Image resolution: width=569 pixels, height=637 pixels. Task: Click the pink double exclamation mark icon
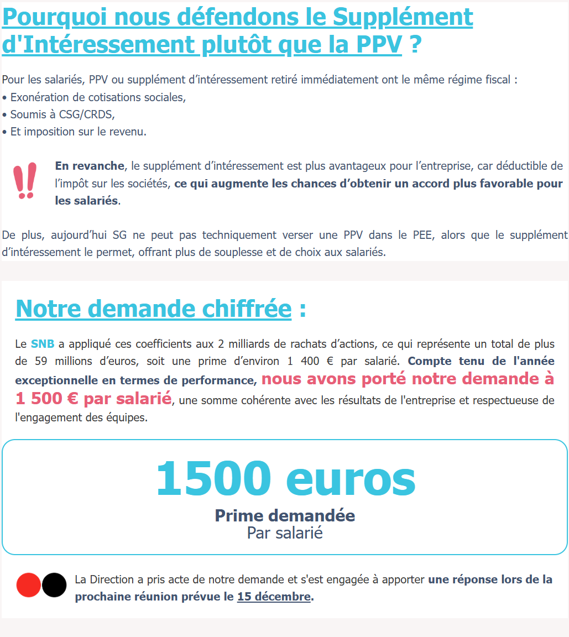click(x=25, y=180)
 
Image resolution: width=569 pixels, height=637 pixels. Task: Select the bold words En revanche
click(x=90, y=166)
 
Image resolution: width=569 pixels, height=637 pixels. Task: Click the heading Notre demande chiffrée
click(x=153, y=309)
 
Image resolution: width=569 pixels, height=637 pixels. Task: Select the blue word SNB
click(x=43, y=344)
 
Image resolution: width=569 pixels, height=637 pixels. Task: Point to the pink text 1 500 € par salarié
click(x=93, y=399)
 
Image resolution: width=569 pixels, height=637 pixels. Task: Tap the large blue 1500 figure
click(x=214, y=479)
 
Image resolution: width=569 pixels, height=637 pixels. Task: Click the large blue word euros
click(x=351, y=479)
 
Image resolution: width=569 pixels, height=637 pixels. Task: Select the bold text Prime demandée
click(x=285, y=515)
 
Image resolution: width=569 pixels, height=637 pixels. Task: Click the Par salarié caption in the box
click(x=285, y=533)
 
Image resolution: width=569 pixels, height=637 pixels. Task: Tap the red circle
click(x=29, y=585)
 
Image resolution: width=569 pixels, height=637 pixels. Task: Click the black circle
click(x=54, y=585)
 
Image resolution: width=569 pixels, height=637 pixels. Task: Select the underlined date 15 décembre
click(x=274, y=597)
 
